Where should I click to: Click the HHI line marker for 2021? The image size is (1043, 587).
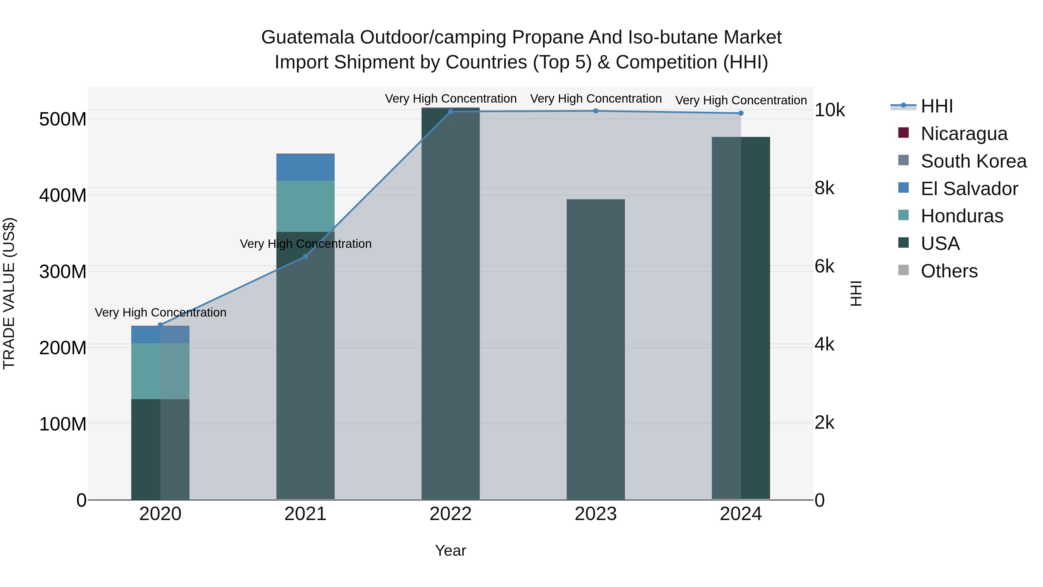305,257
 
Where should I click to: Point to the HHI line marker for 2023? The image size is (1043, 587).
596,111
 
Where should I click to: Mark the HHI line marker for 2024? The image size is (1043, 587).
741,113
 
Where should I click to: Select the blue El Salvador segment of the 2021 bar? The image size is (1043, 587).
305,167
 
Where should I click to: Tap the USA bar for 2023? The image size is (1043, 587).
596,348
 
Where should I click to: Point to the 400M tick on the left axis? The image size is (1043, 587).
63,196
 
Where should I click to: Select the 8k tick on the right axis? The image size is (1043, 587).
824,188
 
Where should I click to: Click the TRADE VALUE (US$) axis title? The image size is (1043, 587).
9,293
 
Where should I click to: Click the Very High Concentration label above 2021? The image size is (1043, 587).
305,244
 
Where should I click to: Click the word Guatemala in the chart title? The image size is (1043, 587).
307,37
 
